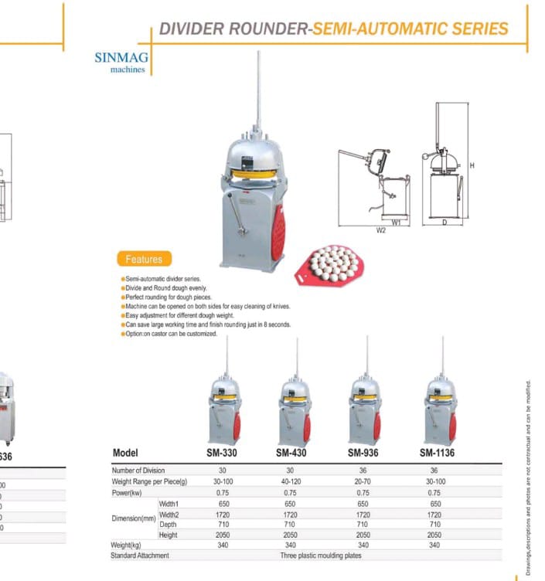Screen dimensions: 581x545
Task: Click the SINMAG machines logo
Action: pyautogui.click(x=121, y=61)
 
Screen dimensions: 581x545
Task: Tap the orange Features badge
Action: pyautogui.click(x=144, y=260)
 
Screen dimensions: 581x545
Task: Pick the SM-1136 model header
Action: pyautogui.click(x=438, y=453)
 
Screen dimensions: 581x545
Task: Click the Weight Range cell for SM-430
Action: pyautogui.click(x=290, y=481)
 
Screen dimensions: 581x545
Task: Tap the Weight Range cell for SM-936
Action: pyautogui.click(x=363, y=481)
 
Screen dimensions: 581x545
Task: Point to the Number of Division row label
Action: pyautogui.click(x=138, y=471)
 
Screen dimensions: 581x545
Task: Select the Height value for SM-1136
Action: pyautogui.click(x=434, y=535)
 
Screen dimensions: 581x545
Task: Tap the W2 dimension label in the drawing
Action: pyautogui.click(x=381, y=230)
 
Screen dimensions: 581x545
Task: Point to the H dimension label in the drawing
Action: pyautogui.click(x=472, y=166)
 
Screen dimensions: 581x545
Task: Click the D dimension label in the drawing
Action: pyautogui.click(x=444, y=223)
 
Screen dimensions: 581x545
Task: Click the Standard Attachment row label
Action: pyautogui.click(x=140, y=556)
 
